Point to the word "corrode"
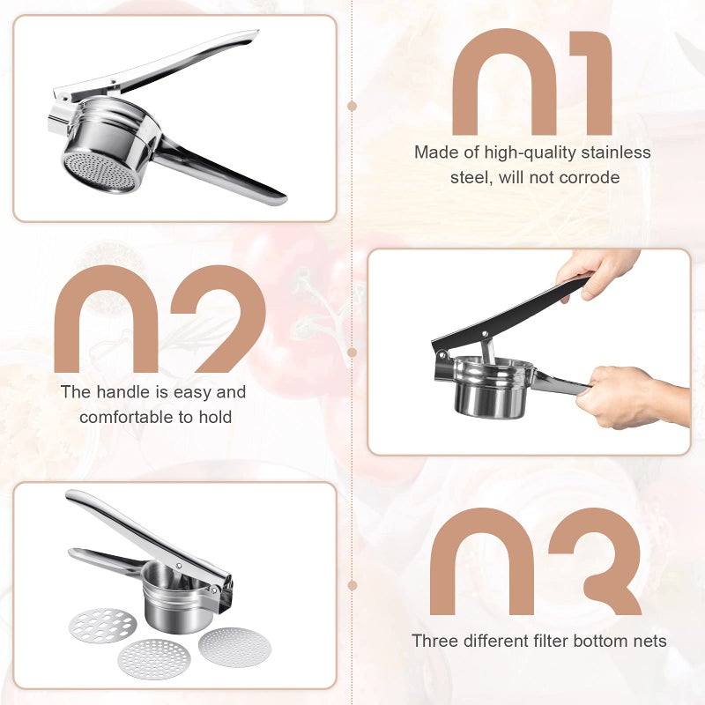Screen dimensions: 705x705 (x=589, y=177)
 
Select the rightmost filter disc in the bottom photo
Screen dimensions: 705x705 (x=234, y=646)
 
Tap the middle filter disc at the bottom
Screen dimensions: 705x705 (x=153, y=658)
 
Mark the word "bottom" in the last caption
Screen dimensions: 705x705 (x=609, y=641)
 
